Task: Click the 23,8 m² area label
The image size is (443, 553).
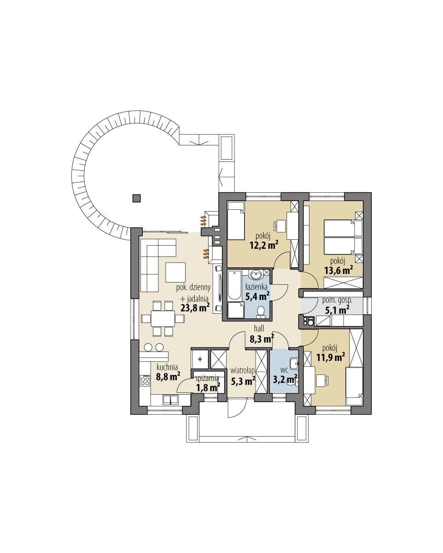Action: tap(195, 307)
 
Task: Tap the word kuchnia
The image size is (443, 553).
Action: tap(168, 367)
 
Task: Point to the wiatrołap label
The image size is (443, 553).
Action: tap(243, 371)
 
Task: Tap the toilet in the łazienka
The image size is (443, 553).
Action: tap(261, 311)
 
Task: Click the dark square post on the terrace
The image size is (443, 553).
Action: tap(136, 198)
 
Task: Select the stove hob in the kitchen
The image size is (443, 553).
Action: tap(146, 380)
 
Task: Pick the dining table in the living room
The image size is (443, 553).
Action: tap(163, 318)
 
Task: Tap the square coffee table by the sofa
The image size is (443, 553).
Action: tap(175, 271)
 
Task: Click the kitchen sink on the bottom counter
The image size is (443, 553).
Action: tap(170, 399)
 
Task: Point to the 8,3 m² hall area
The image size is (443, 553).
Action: tap(262, 339)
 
